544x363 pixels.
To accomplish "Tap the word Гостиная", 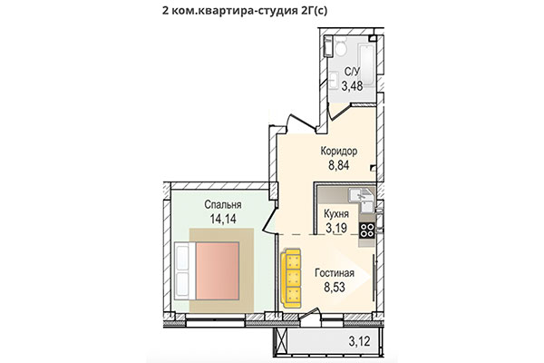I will point(335,272).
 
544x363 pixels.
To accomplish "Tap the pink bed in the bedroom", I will point(217,269).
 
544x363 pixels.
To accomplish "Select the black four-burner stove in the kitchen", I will point(367,230).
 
